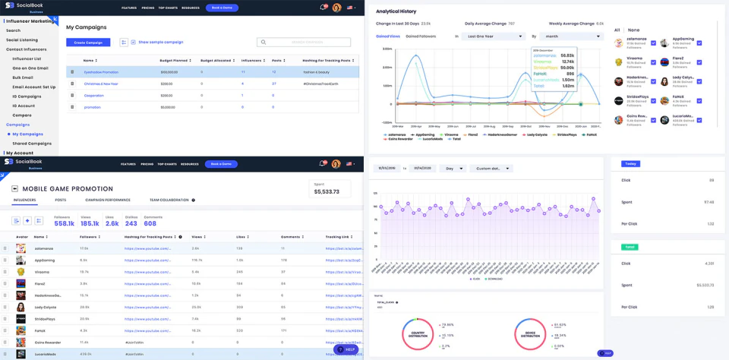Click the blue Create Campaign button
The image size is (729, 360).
pyautogui.click(x=88, y=43)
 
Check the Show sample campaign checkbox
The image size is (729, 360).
pyautogui.click(x=134, y=43)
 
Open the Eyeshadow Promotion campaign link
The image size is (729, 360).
pyautogui.click(x=101, y=72)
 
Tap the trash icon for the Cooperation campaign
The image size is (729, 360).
pyautogui.click(x=73, y=96)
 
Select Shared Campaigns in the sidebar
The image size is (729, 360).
pyautogui.click(x=32, y=144)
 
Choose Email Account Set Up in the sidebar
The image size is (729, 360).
pyautogui.click(x=33, y=87)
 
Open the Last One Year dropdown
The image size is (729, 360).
pyautogui.click(x=495, y=36)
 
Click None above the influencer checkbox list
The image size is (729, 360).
pyautogui.click(x=633, y=30)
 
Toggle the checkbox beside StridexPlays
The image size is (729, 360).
pyautogui.click(x=653, y=99)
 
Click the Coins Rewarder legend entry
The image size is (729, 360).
pyautogui.click(x=399, y=139)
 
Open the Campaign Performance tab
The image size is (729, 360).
pyautogui.click(x=107, y=200)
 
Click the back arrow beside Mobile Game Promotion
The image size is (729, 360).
pyautogui.click(x=15, y=188)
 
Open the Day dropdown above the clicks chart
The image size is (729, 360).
pyautogui.click(x=453, y=169)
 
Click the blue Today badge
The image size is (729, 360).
pyautogui.click(x=630, y=163)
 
